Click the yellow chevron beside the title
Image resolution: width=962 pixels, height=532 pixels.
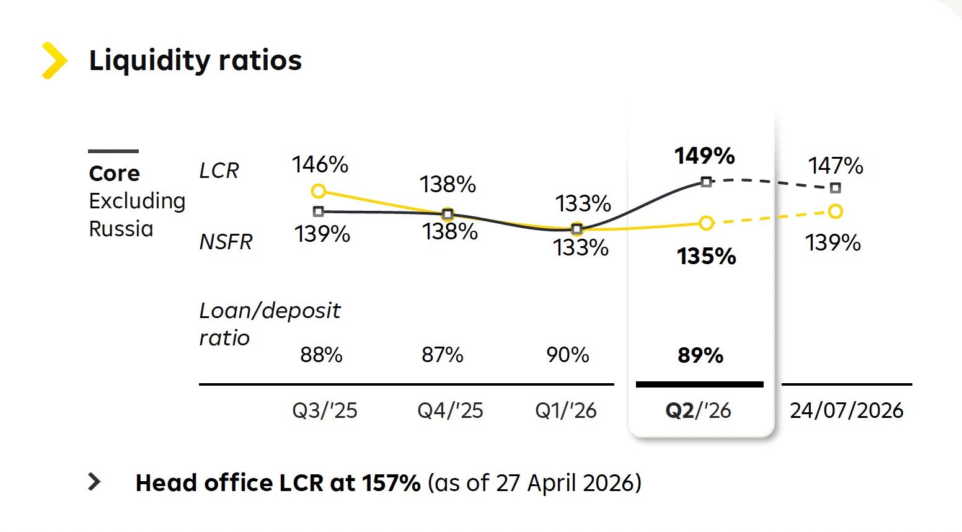tap(55, 61)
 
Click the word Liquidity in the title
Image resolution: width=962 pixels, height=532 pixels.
tap(149, 61)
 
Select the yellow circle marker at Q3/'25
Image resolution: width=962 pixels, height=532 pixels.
tap(318, 191)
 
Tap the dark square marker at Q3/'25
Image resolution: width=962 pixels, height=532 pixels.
tap(318, 211)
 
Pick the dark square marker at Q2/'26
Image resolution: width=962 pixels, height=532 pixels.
tap(706, 182)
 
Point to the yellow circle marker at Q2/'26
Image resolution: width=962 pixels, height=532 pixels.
tap(707, 223)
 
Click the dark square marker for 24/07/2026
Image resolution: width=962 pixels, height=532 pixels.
tap(836, 188)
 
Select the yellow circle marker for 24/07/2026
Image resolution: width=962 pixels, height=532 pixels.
tap(836, 211)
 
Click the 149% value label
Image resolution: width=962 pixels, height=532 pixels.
tap(704, 156)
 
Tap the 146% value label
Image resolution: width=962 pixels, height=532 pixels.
tap(320, 164)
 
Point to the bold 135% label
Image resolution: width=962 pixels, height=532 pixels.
tap(707, 256)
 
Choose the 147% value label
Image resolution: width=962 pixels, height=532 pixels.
tap(836, 166)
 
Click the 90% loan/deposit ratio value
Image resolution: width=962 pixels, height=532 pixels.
tap(567, 355)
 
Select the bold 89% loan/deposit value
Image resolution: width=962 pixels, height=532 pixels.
tap(700, 355)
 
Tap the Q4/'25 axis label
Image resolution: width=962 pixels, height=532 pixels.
tap(450, 410)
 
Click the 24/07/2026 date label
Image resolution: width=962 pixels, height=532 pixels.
tap(847, 410)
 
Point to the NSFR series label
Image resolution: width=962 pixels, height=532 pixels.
tap(226, 242)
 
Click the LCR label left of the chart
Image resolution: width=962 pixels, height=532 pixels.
tap(219, 171)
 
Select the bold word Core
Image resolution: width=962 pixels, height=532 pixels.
tap(114, 174)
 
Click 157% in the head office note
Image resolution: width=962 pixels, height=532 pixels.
tap(391, 482)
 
